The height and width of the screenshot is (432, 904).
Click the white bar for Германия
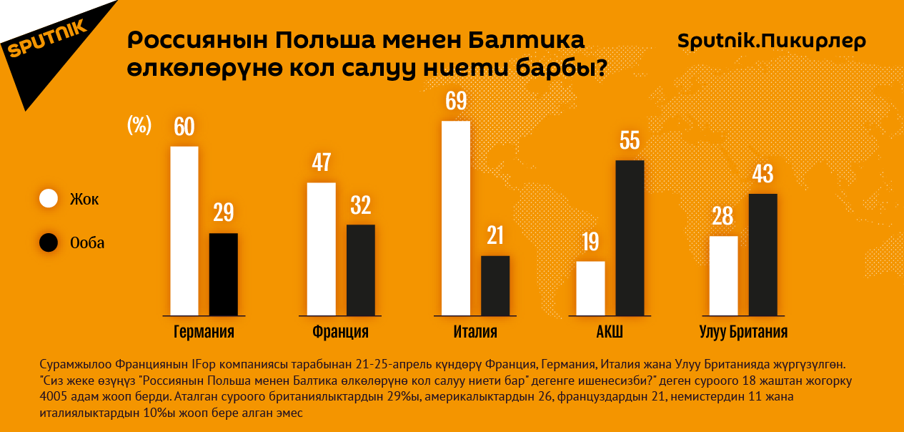click(184, 230)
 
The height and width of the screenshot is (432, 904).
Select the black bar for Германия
click(223, 274)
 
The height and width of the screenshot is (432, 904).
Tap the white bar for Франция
click(321, 249)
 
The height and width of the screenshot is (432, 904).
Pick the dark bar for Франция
click(360, 270)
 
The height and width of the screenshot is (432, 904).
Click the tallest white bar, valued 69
click(456, 218)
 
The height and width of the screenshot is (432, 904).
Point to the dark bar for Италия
click(495, 285)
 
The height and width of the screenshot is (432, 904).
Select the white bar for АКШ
click(590, 288)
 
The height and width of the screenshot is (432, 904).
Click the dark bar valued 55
click(630, 237)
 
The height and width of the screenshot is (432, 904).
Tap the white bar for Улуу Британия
click(723, 275)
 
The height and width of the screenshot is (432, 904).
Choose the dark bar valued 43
click(763, 255)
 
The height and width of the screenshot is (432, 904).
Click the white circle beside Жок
click(49, 199)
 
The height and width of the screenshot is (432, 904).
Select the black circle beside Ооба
click(49, 242)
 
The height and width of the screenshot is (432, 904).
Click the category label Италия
click(475, 333)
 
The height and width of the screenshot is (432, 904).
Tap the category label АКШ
click(610, 333)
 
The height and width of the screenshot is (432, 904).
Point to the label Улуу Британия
click(743, 333)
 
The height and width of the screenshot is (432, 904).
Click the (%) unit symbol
click(139, 125)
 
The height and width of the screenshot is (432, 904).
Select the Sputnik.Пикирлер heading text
click(771, 41)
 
